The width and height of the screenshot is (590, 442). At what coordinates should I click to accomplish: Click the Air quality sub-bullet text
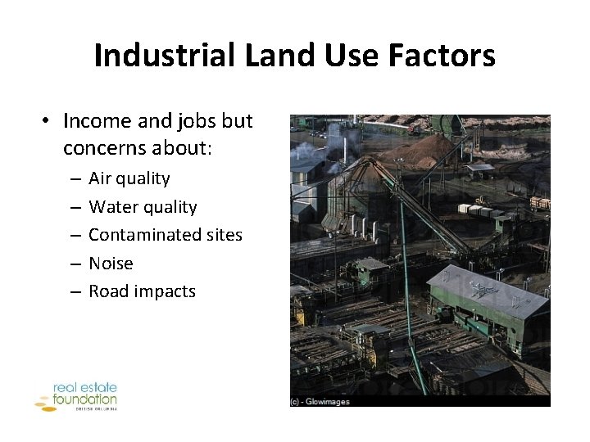pyautogui.click(x=129, y=178)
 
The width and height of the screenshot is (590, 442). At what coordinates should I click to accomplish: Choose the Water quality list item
pyautogui.click(x=143, y=207)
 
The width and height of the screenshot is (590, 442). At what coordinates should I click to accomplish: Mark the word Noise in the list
pyautogui.click(x=111, y=264)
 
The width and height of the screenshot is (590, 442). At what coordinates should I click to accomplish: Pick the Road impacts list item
pyautogui.click(x=142, y=291)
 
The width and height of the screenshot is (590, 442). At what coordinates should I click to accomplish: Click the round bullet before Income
pyautogui.click(x=48, y=121)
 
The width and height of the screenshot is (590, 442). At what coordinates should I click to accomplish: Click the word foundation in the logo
pyautogui.click(x=84, y=399)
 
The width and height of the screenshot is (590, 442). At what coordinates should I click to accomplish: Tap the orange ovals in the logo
pyautogui.click(x=43, y=402)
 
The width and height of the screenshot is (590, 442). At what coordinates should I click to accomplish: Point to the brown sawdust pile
pyautogui.click(x=426, y=151)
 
